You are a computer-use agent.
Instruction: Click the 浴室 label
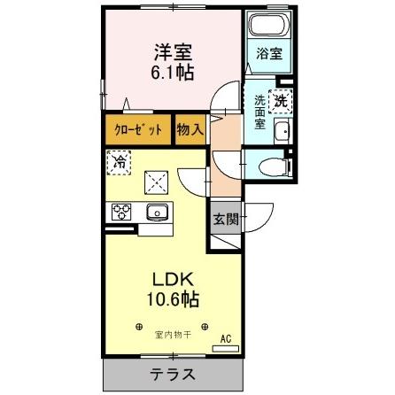[x=268, y=53]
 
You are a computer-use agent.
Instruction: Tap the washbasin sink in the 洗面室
[x=283, y=133]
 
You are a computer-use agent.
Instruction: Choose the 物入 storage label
[x=190, y=129]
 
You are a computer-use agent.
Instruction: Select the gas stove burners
[x=121, y=213]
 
